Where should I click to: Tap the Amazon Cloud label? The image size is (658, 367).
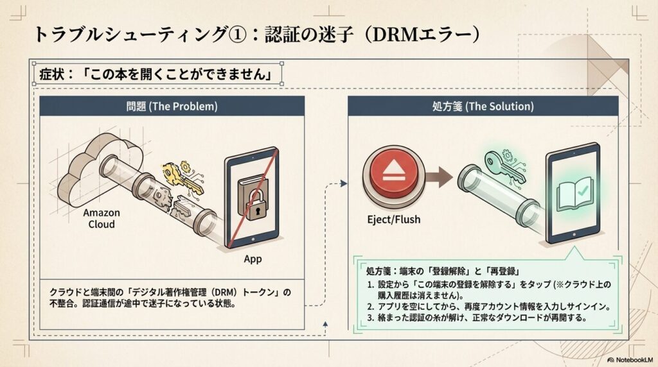[102, 219]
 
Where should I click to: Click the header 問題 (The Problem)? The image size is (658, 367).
[172, 106]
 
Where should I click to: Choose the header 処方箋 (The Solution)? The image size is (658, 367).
[483, 106]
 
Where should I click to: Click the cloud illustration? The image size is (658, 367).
[96, 167]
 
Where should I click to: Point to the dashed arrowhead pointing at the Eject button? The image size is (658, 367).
[344, 183]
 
